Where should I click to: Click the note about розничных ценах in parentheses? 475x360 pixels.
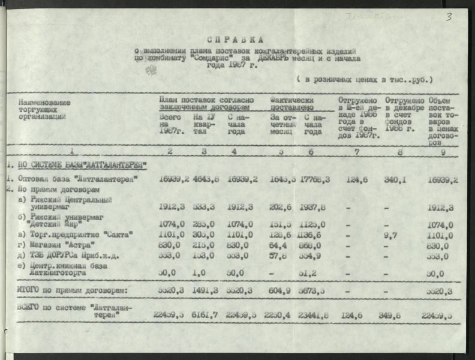click(363, 79)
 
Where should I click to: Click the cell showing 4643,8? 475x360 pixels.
click(205, 179)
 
